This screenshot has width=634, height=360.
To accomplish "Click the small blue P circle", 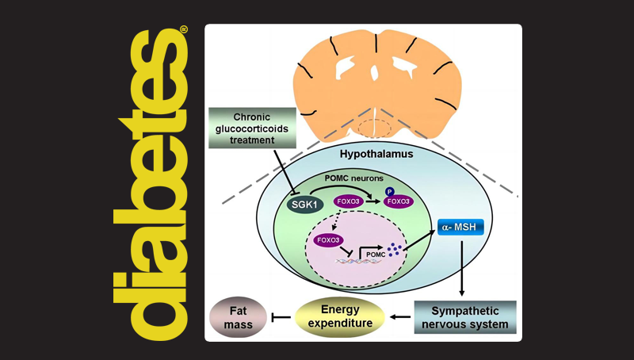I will (390, 190).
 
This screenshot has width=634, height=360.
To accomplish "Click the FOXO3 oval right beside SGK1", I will (345, 201).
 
